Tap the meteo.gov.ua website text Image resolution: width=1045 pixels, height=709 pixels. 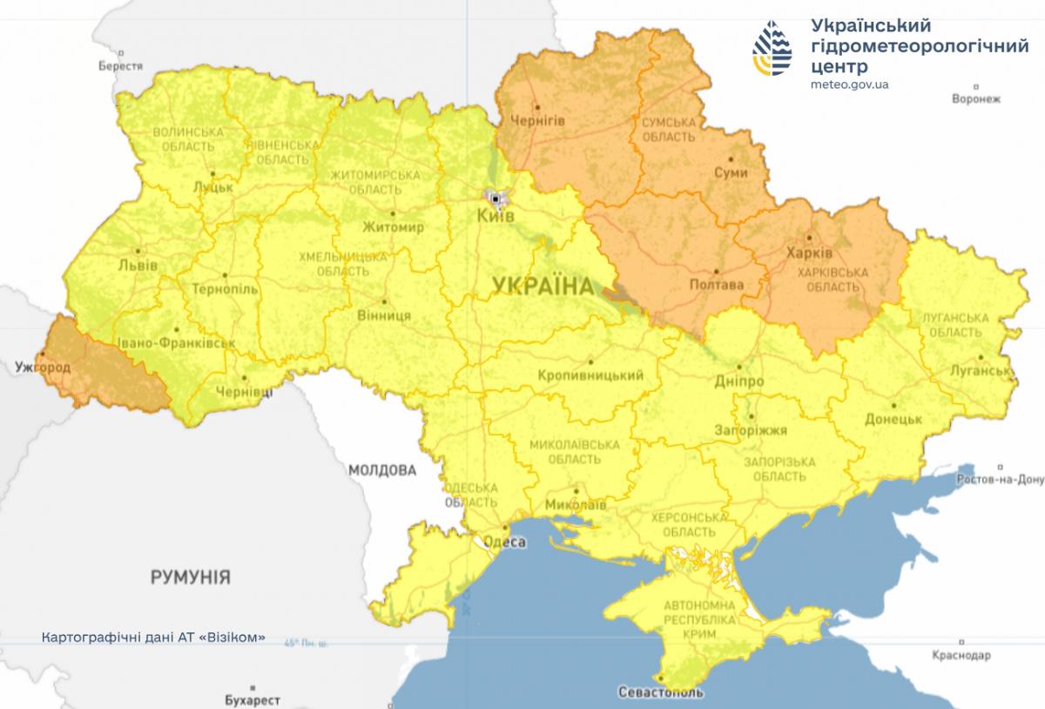(849, 84)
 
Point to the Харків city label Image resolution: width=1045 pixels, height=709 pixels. (809, 253)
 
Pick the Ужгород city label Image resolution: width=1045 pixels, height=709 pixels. (43, 368)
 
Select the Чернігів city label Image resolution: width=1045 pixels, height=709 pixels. (537, 120)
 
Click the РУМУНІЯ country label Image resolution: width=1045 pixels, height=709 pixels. (190, 577)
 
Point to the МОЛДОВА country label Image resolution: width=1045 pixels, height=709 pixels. (381, 470)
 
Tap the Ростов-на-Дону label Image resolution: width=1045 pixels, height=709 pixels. (999, 480)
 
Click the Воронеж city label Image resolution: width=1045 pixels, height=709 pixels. (976, 98)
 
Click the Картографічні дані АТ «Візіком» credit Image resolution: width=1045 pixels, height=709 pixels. (152, 637)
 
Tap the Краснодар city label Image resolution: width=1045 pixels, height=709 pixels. (961, 654)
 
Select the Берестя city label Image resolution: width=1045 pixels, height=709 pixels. (120, 66)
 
